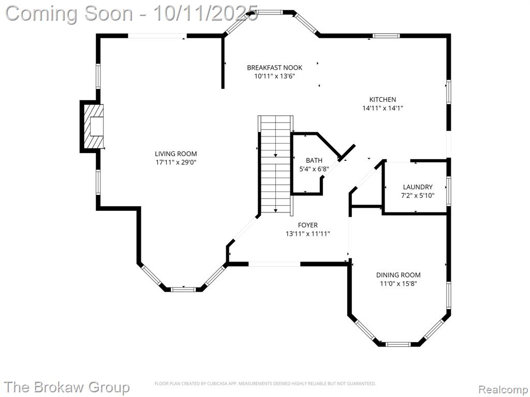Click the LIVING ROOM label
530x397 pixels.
click(176, 154)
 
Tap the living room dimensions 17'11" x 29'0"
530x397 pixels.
click(176, 162)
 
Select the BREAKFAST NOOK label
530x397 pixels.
click(274, 68)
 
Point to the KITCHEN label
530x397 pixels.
click(382, 100)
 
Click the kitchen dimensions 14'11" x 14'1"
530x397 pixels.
click(382, 109)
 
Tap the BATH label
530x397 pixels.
click(314, 160)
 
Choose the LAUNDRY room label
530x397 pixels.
click(418, 187)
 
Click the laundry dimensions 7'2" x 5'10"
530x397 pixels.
click(418, 195)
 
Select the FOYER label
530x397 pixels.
click(307, 225)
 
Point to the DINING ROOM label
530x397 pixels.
click(399, 275)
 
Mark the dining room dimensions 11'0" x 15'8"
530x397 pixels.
click(399, 284)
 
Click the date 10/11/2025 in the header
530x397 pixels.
click(205, 14)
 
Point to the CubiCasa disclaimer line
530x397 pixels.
click(266, 384)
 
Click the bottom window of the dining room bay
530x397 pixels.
click(398, 344)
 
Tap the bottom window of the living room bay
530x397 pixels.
click(183, 289)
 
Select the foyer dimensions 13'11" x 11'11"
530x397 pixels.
click(307, 234)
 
